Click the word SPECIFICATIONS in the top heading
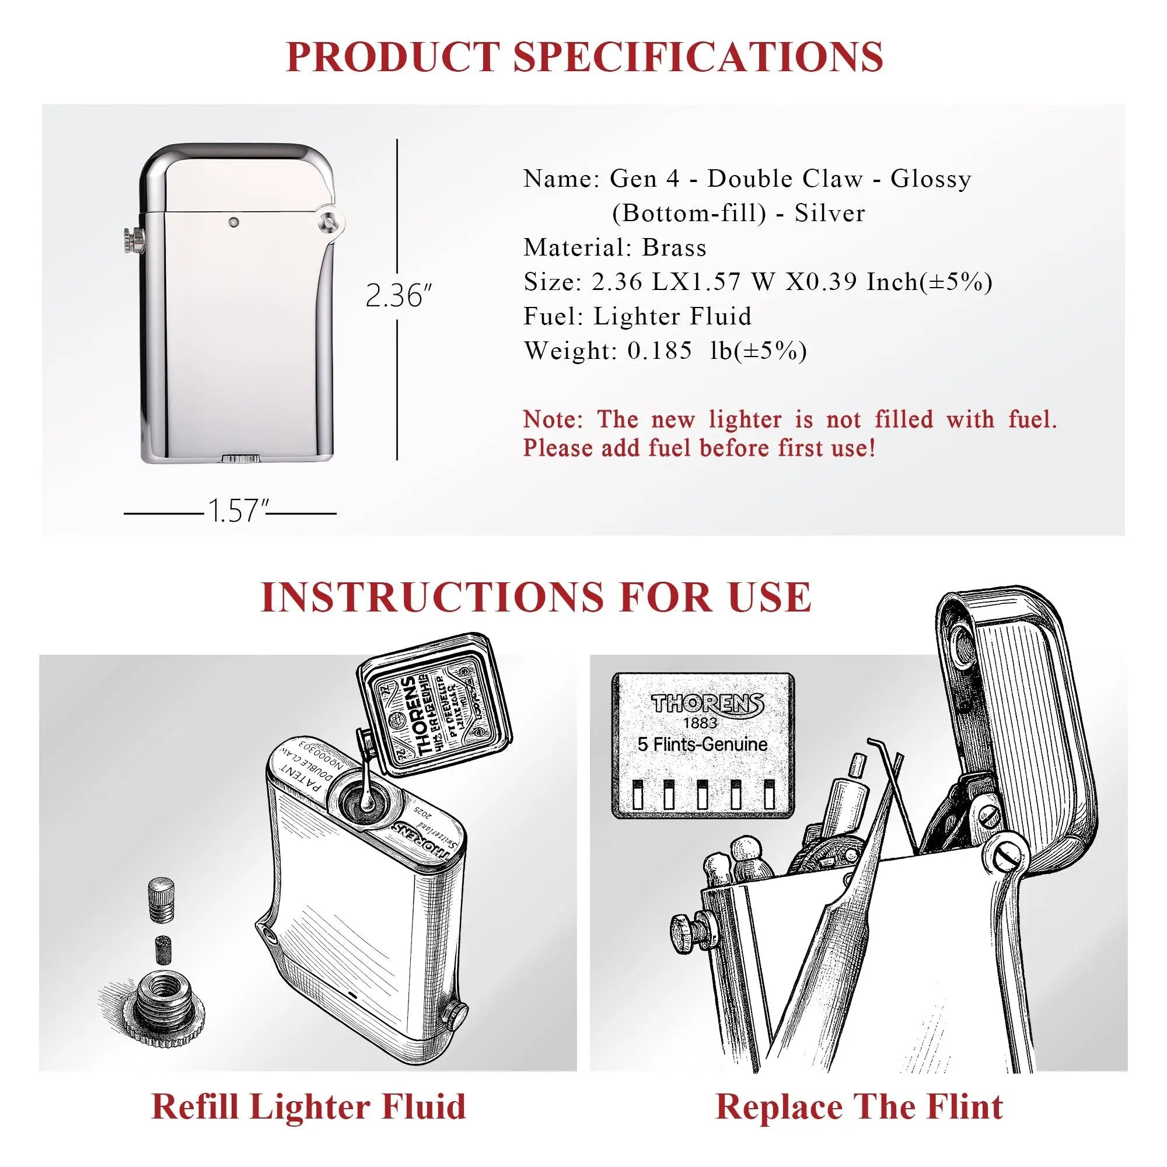pyautogui.click(x=698, y=57)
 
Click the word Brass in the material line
pyautogui.click(x=674, y=247)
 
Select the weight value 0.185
pyautogui.click(x=659, y=351)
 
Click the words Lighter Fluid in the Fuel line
pyautogui.click(x=672, y=316)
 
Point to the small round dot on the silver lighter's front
pyautogui.click(x=233, y=223)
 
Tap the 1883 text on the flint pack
pyautogui.click(x=701, y=723)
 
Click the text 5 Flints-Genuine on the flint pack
pyautogui.click(x=703, y=744)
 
